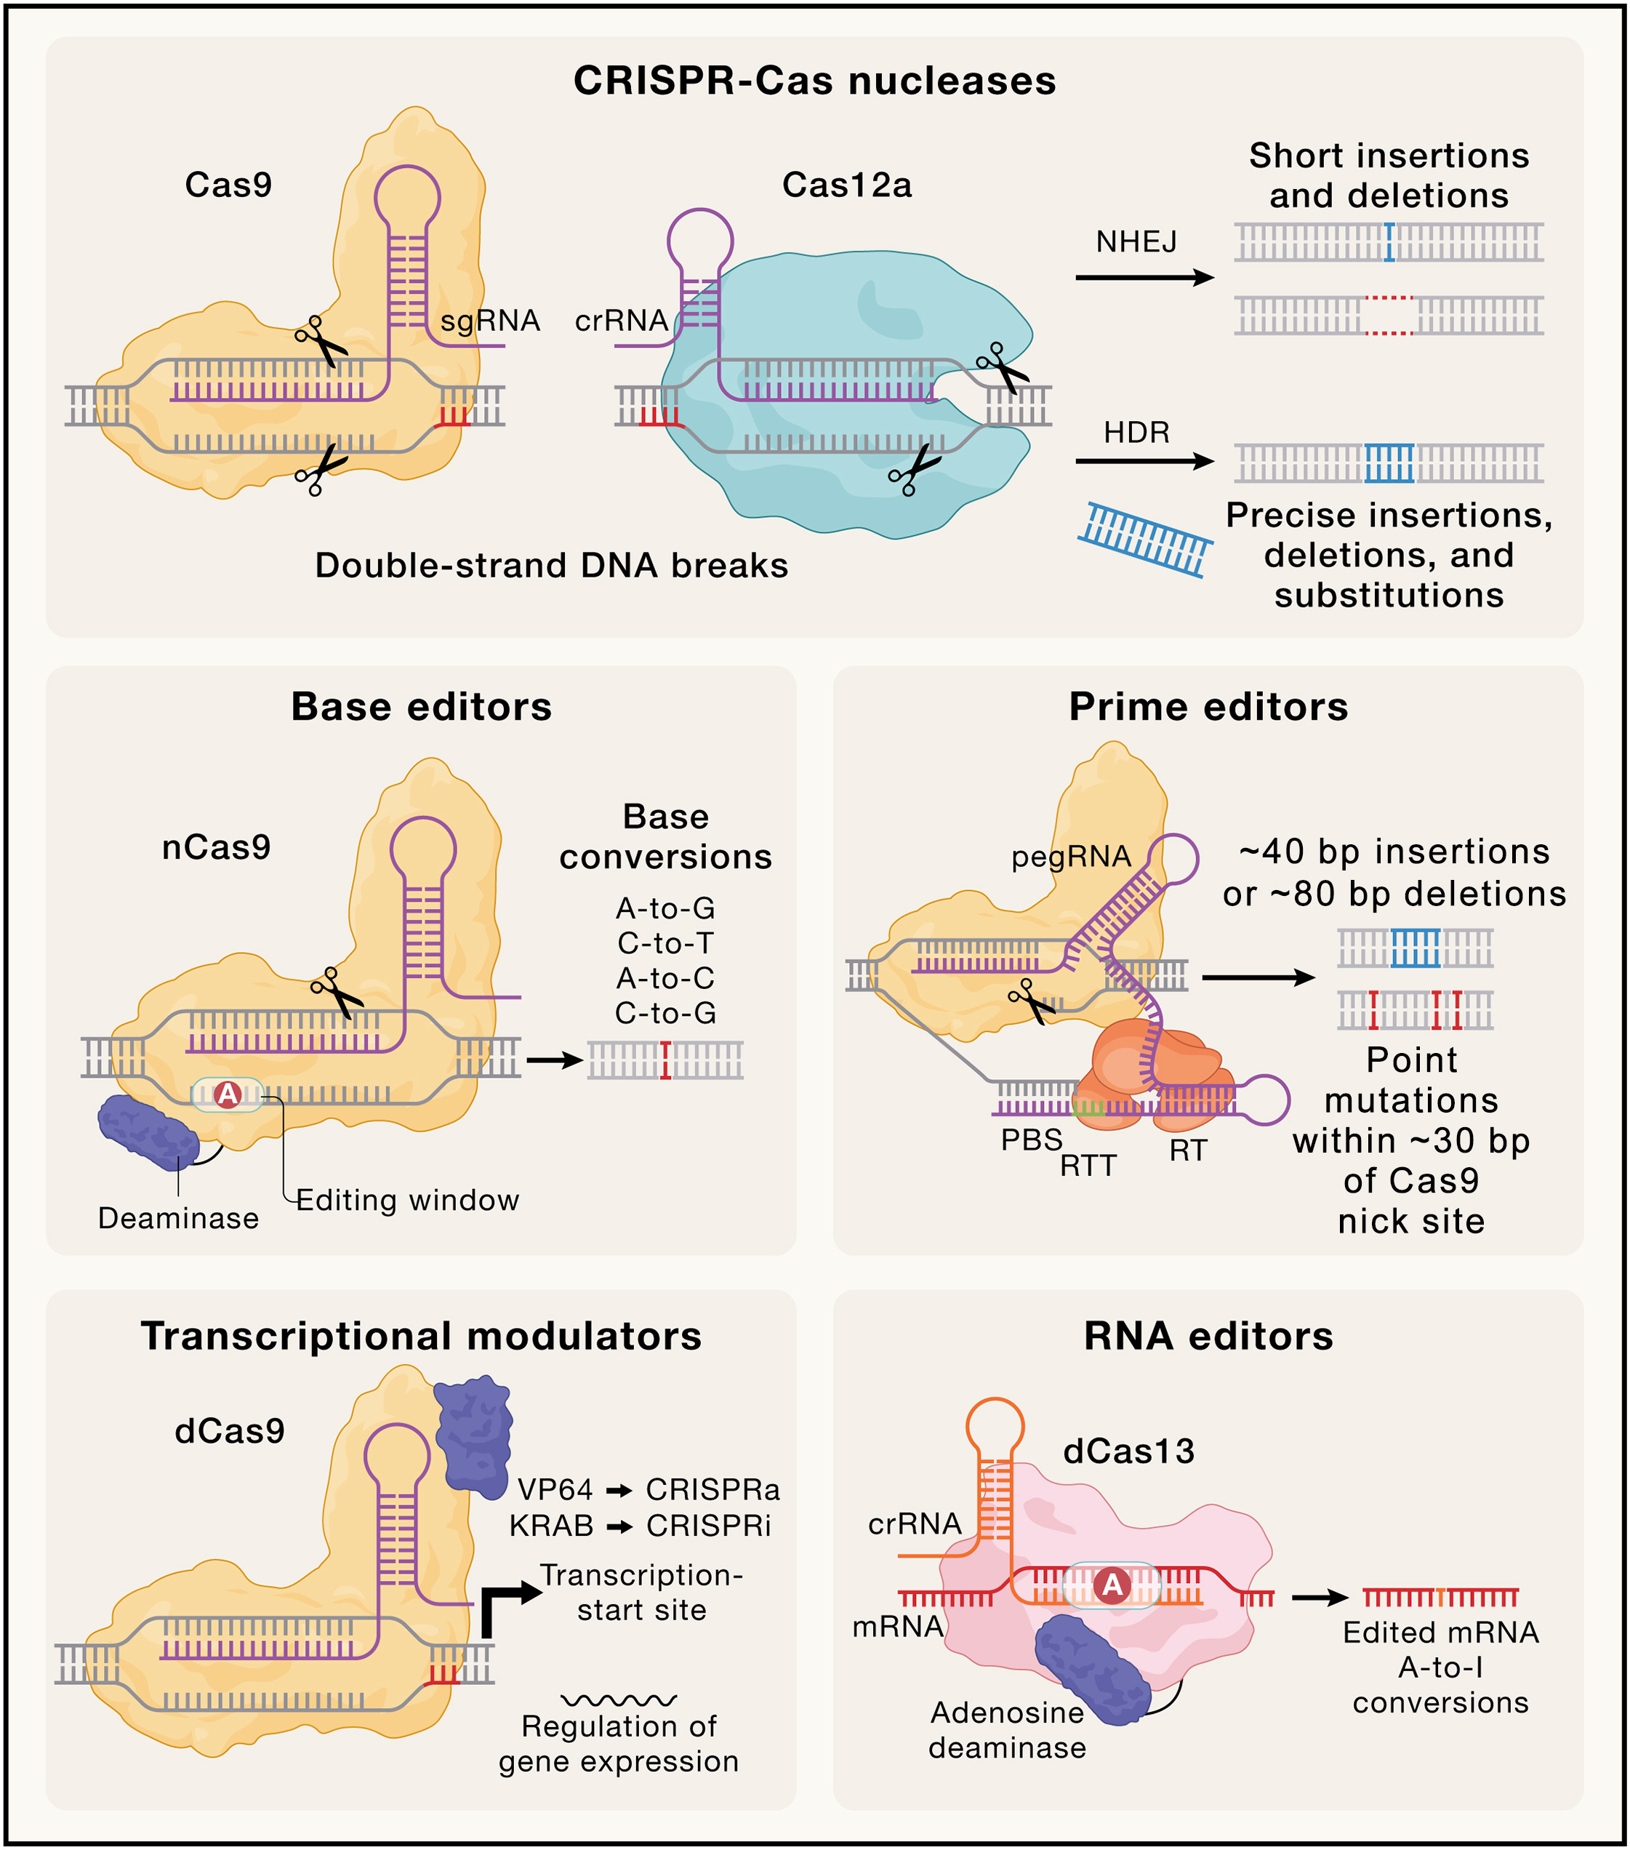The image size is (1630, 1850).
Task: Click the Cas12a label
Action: click(846, 185)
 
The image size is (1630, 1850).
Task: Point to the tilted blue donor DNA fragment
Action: click(1145, 540)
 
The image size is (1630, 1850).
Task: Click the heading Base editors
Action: click(421, 707)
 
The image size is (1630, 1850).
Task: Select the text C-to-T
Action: click(665, 943)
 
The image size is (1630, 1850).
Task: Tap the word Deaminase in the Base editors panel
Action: click(178, 1218)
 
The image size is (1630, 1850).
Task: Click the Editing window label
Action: click(407, 1200)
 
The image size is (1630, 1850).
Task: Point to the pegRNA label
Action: click(1071, 856)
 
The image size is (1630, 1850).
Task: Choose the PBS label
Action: click(1031, 1140)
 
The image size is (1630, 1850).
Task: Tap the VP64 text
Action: click(555, 1489)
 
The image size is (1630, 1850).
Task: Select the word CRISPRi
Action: click(709, 1526)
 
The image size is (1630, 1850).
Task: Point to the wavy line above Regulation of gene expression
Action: click(618, 1699)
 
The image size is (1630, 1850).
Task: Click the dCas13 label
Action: click(1128, 1451)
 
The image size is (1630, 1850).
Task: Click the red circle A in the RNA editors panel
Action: click(1112, 1584)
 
